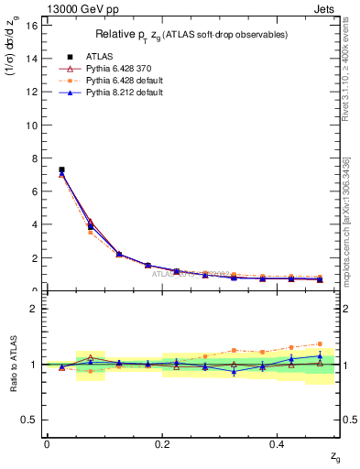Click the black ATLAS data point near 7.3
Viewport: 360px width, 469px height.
click(61, 169)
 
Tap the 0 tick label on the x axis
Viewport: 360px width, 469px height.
click(47, 443)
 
